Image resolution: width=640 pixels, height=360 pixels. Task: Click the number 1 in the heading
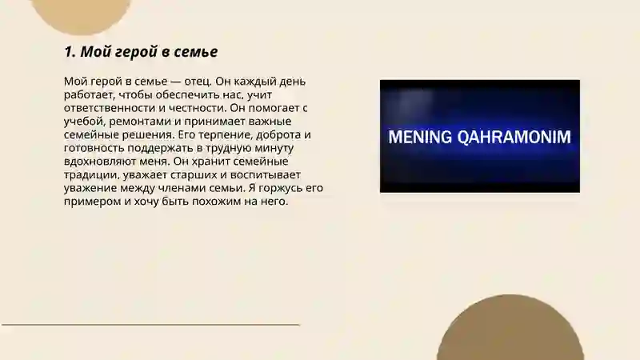pyautogui.click(x=68, y=53)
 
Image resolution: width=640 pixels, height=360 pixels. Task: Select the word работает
pyautogui.click(x=88, y=95)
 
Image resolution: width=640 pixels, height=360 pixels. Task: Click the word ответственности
pyautogui.click(x=111, y=108)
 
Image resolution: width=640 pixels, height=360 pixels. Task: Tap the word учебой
pyautogui.click(x=85, y=122)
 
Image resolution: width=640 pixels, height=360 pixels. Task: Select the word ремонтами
pyautogui.click(x=143, y=122)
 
